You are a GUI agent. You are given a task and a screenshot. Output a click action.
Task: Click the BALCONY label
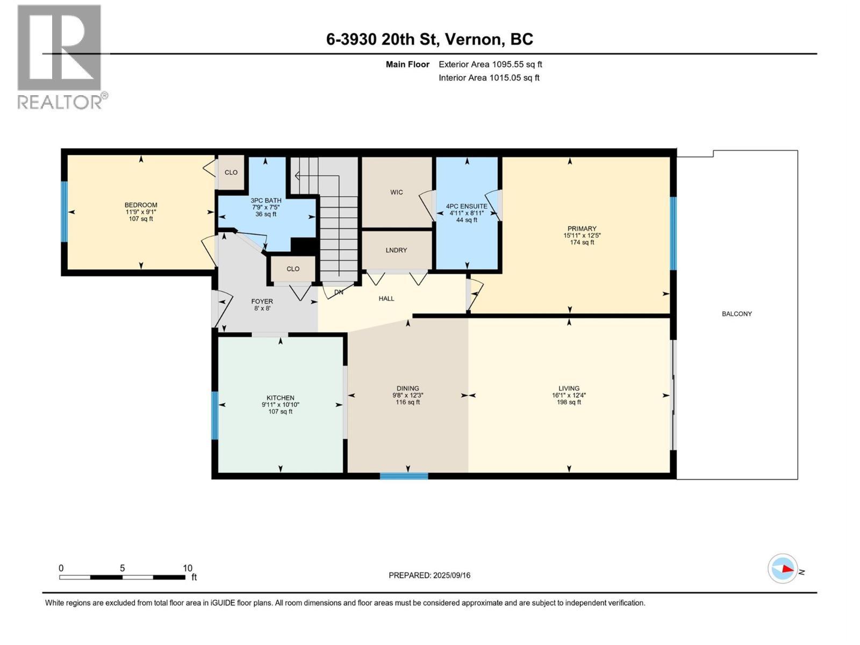click(736, 314)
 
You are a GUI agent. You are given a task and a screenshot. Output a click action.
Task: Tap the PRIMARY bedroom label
click(582, 228)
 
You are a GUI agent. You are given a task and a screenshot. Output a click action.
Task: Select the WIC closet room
click(397, 192)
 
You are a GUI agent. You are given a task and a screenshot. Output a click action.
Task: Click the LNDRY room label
click(396, 250)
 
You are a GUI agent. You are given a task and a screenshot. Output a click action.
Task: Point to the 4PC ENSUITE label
click(467, 206)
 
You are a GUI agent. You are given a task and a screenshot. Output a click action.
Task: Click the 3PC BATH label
click(266, 200)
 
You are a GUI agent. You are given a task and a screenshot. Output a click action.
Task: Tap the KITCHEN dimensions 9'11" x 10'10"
click(280, 405)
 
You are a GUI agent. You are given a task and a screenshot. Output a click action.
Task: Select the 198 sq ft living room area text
click(569, 402)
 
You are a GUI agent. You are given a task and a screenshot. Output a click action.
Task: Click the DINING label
click(407, 388)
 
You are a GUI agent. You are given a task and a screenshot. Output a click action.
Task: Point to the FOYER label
click(262, 302)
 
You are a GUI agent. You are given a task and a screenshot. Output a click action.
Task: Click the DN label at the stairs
click(339, 292)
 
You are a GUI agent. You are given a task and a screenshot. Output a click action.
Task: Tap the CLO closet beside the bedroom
click(231, 173)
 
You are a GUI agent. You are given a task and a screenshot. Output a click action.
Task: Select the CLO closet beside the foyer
click(293, 269)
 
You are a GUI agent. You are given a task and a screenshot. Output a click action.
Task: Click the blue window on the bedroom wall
click(64, 212)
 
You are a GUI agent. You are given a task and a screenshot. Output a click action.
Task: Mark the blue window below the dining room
click(404, 476)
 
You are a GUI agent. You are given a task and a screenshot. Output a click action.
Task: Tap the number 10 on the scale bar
click(187, 568)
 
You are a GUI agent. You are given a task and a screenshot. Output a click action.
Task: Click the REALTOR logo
click(60, 56)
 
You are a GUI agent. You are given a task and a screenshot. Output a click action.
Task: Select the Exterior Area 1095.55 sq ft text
click(490, 64)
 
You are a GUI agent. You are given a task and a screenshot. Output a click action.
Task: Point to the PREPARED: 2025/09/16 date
click(429, 575)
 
